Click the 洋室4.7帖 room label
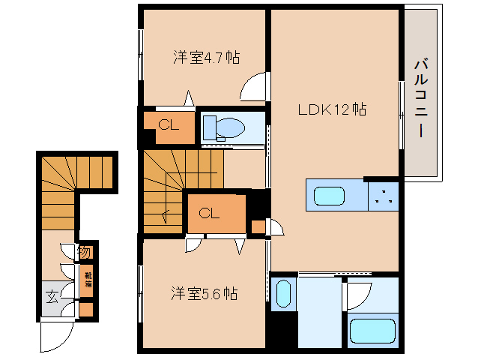(207, 57)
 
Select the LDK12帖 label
(332, 109)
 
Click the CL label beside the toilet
(168, 125)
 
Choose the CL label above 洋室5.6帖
(209, 213)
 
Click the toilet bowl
(229, 127)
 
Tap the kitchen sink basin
(329, 196)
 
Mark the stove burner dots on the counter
(384, 196)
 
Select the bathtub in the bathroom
(372, 331)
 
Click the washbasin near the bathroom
(282, 293)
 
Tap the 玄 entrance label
(53, 296)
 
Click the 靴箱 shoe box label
(87, 279)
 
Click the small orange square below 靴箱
(85, 307)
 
